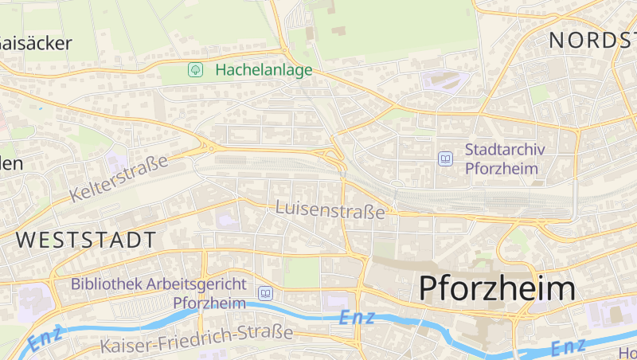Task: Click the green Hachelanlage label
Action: click(x=264, y=70)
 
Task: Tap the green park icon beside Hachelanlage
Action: click(x=195, y=70)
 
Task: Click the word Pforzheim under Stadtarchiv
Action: click(x=502, y=168)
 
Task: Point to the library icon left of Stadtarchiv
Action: click(x=445, y=159)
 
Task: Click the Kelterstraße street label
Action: click(x=119, y=178)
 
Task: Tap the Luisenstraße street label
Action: click(x=330, y=209)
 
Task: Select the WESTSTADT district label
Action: click(x=86, y=239)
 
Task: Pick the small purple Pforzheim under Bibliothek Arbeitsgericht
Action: click(x=209, y=303)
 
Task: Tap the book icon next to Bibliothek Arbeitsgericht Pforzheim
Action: click(x=265, y=294)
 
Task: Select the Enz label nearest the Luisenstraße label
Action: click(x=358, y=317)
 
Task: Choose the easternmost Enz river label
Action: click(x=569, y=346)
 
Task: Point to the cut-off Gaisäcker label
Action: click(x=35, y=43)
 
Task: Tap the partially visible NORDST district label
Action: click(x=592, y=40)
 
